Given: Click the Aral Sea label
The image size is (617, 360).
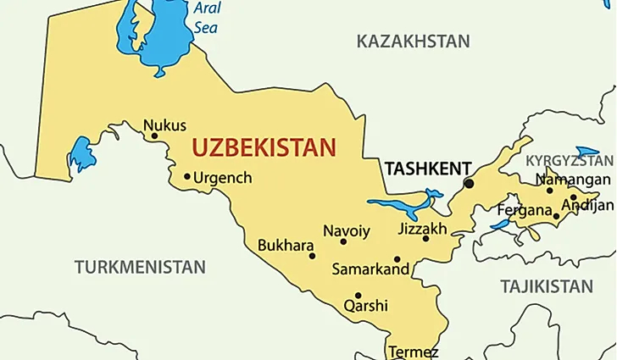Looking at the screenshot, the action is click(x=206, y=18).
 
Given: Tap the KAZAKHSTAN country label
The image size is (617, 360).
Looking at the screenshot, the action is click(x=413, y=42).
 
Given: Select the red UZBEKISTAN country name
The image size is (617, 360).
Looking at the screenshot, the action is click(x=264, y=147).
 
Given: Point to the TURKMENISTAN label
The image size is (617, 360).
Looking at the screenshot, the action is click(x=140, y=268).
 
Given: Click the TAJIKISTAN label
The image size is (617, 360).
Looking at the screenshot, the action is click(x=546, y=286).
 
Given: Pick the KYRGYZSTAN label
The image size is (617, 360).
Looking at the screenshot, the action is click(x=569, y=160).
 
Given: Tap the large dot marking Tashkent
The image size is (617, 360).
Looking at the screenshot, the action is click(x=469, y=183).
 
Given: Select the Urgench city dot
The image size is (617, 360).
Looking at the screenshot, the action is click(x=187, y=177).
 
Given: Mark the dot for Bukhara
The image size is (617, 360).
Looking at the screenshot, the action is click(x=312, y=256).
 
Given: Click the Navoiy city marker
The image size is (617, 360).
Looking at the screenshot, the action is click(x=343, y=241).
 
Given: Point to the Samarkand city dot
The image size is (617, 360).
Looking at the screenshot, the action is click(x=397, y=259).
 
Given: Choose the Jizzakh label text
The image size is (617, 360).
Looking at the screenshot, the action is click(x=422, y=229).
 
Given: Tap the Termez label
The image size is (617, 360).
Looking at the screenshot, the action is click(x=413, y=352).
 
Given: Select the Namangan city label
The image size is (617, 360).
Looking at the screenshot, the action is click(x=572, y=180).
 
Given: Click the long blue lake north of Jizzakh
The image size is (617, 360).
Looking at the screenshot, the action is click(x=404, y=205).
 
